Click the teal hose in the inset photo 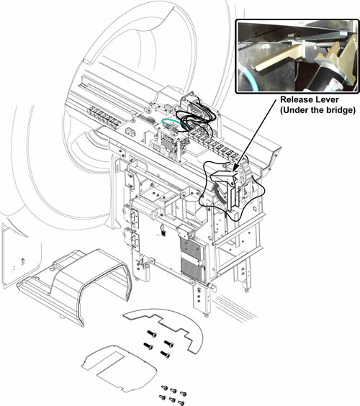tap(249, 78)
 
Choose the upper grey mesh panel tap(191, 248)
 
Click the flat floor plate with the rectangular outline tap(119, 368)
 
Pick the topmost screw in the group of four tap(152, 334)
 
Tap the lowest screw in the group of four tap(165, 354)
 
